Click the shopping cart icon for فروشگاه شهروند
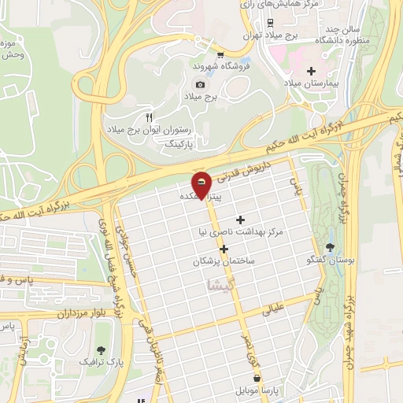click(221, 55)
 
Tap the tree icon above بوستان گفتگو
click(329, 247)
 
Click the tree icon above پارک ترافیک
click(100, 350)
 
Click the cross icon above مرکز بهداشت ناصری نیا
click(240, 220)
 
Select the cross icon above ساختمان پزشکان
click(224, 249)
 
